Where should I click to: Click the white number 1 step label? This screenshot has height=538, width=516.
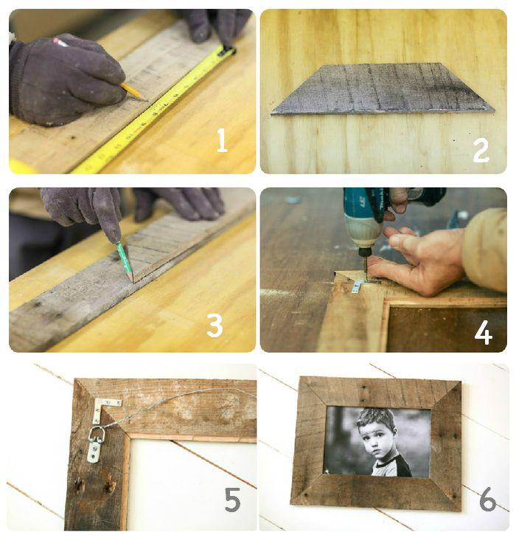tap(222, 140)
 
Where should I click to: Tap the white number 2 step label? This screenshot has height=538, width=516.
tap(481, 151)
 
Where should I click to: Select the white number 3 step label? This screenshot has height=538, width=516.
tap(215, 325)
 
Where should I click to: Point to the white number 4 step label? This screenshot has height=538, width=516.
tap(484, 333)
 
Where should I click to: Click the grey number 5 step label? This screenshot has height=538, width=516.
tap(233, 500)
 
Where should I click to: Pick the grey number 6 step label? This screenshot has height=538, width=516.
tap(488, 499)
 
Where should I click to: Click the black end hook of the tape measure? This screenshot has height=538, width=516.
tap(227, 51)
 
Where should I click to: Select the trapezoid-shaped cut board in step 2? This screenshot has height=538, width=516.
tap(382, 89)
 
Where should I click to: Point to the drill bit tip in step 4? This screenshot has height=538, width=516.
tap(366, 280)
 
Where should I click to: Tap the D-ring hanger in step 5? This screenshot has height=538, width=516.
tap(95, 444)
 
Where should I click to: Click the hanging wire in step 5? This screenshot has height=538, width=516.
tap(178, 401)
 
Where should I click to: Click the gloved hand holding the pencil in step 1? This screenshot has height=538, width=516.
tap(67, 80)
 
